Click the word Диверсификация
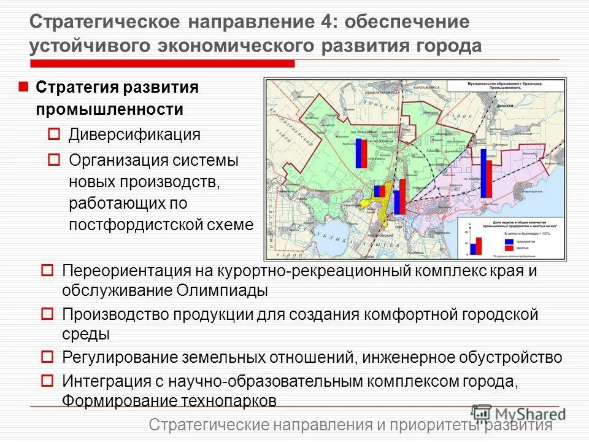coord(134,134)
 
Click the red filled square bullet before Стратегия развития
coord(23,87)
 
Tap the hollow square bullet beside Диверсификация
coord(53,133)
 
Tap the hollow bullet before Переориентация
coord(47,269)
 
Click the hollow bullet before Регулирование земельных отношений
coord(47,356)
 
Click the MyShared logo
coord(518,413)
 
